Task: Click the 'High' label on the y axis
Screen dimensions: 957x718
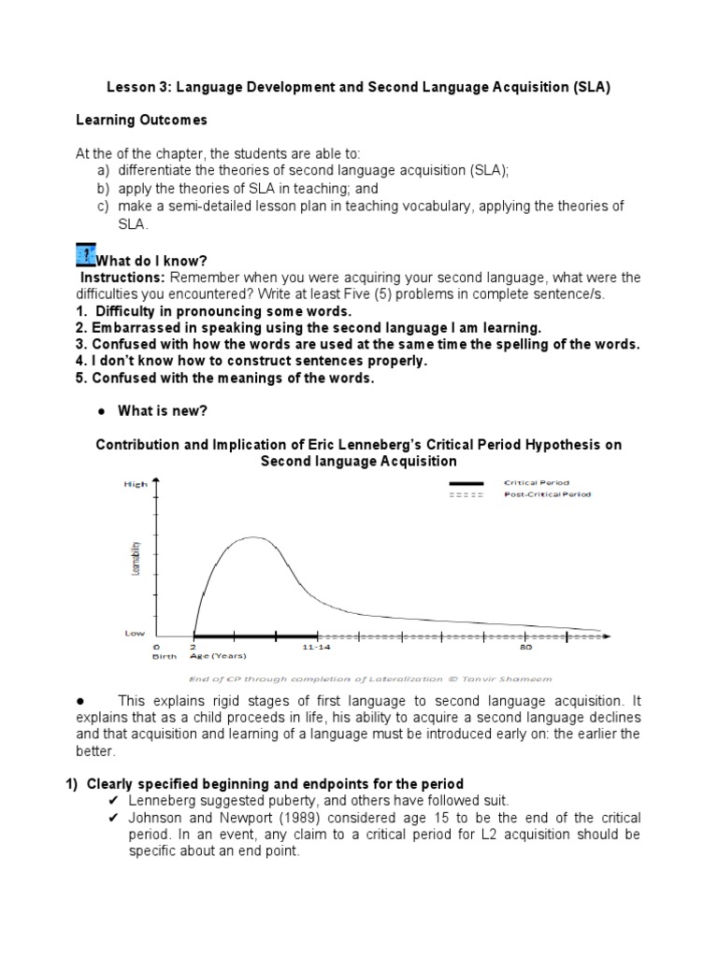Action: [136, 484]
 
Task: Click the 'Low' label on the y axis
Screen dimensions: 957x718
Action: [136, 633]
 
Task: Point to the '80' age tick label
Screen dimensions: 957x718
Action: [526, 646]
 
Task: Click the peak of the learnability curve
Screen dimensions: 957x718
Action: [251, 537]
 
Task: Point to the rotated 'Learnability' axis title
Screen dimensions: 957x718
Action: [137, 559]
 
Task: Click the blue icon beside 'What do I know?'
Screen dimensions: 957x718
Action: [83, 253]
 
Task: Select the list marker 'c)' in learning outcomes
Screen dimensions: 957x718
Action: [99, 206]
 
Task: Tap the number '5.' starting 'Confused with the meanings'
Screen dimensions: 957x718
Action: [80, 378]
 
